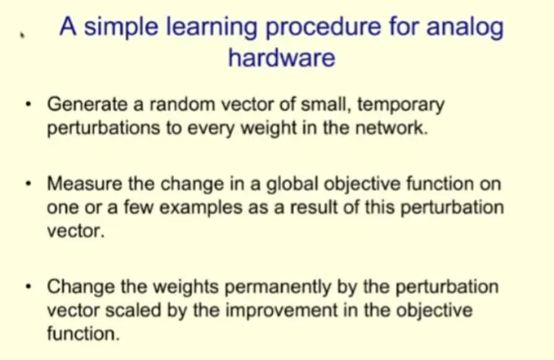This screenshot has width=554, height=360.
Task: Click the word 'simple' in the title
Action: click(121, 28)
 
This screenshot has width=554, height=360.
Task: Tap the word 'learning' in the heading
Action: click(212, 28)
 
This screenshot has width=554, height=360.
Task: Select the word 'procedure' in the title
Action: click(323, 27)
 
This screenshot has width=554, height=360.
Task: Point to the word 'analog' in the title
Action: click(465, 28)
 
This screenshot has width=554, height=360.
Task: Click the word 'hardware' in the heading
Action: click(281, 57)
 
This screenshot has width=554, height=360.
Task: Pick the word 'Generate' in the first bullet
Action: click(87, 104)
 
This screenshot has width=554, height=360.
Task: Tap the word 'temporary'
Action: click(400, 105)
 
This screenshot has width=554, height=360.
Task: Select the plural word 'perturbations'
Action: click(103, 128)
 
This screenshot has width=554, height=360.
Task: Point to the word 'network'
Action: click(391, 128)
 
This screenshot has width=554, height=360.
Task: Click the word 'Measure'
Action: click(85, 184)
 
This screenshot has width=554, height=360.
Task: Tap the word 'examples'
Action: click(201, 208)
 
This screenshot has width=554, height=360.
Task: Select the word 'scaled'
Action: click(133, 310)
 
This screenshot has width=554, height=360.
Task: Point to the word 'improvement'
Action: click(281, 311)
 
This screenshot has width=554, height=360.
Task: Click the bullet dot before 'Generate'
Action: click(29, 104)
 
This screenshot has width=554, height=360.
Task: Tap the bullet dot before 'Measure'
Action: click(29, 184)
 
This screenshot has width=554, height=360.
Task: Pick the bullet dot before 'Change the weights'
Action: click(29, 286)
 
